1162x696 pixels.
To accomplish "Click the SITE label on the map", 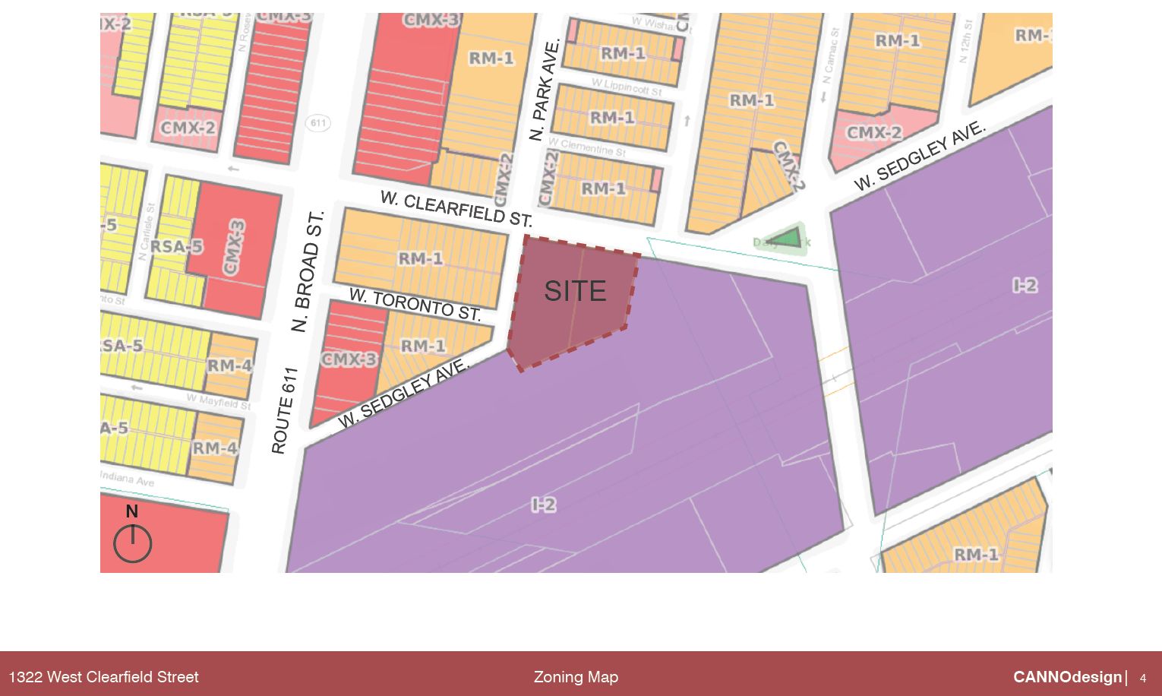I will tap(575, 291).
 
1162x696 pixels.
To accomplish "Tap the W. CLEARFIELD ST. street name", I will tap(456, 208).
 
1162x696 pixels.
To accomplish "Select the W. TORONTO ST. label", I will tap(415, 304).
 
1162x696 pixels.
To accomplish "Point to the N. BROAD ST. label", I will tap(308, 271).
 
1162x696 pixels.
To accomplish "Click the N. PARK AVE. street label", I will tap(545, 90).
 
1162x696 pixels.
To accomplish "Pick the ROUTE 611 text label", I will tap(283, 411).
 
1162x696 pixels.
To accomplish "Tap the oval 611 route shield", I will tap(318, 122).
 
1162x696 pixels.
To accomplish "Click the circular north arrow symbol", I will tap(132, 544).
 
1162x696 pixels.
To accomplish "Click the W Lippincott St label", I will tap(626, 87).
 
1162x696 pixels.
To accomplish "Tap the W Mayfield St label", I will tap(219, 401).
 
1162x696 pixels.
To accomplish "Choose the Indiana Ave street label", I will tap(127, 479).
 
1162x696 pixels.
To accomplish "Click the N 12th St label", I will tap(965, 42).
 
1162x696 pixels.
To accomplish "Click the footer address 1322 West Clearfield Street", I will tap(103, 677).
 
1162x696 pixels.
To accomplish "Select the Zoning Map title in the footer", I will tap(576, 677).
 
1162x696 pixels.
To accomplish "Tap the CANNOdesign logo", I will tap(1067, 677).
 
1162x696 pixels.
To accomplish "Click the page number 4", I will tap(1143, 678).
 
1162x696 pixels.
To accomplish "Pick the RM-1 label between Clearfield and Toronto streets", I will tap(421, 259).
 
